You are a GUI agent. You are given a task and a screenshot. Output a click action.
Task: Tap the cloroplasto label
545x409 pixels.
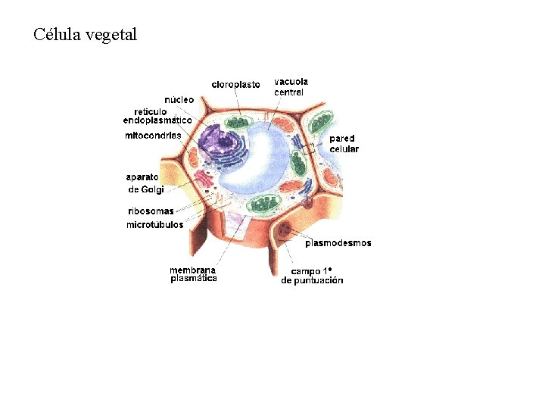[235, 84]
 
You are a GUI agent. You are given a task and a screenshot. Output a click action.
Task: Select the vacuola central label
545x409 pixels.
[291, 86]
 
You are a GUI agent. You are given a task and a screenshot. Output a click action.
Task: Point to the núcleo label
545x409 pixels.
[179, 100]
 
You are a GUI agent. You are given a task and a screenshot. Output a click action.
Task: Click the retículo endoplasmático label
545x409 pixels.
[157, 116]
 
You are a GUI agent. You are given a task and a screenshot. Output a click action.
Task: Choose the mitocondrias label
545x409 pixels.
[153, 136]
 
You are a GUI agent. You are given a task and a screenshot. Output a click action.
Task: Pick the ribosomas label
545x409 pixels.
[151, 211]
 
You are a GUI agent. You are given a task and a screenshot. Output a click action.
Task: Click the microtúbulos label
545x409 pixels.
[154, 224]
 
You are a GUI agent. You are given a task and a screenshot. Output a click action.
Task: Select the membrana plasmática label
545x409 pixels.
[193, 274]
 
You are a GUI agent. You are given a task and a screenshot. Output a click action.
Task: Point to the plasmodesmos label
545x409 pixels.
[338, 243]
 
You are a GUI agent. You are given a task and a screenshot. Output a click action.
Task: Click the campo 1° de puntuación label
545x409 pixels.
[312, 276]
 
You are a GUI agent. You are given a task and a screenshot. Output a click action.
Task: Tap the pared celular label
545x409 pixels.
[344, 144]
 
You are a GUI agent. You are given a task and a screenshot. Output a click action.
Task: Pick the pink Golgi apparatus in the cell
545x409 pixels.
[204, 180]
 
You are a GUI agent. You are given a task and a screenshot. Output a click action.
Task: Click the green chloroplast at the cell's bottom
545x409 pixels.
[266, 203]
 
